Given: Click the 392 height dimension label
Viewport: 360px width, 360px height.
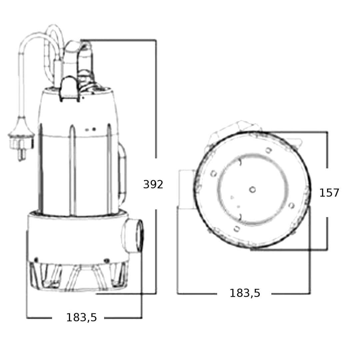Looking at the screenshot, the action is tap(153, 184).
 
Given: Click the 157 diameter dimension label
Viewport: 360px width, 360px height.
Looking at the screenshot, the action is tap(329, 193).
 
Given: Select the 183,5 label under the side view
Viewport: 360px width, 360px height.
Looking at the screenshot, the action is tap(82, 318).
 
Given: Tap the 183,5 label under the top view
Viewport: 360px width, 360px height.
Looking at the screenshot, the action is tap(245, 293).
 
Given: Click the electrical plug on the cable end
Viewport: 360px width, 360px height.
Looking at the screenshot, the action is tap(20, 140).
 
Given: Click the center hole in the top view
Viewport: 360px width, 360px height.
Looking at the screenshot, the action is tap(252, 190).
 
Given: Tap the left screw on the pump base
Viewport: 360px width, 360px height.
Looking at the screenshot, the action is tap(36, 260).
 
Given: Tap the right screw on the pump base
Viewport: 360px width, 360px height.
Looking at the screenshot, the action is tap(107, 261).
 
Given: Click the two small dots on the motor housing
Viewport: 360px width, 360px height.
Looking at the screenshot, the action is tap(90, 130).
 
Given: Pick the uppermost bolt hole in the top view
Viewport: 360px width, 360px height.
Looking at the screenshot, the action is tap(269, 150).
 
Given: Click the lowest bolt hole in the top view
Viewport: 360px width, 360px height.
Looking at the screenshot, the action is tap(237, 229).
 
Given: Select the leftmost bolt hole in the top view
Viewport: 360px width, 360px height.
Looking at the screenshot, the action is tap(214, 173).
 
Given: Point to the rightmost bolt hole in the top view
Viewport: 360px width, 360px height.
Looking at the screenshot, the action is tap(292, 205).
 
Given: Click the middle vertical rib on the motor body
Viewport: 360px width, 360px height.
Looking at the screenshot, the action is tap(73, 170).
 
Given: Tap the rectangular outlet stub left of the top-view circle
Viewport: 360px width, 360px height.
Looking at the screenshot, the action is tap(187, 189).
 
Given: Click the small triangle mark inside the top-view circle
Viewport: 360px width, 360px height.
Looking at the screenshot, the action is tap(232, 197).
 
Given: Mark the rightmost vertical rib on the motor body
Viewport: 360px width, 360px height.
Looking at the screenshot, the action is tap(110, 169).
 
